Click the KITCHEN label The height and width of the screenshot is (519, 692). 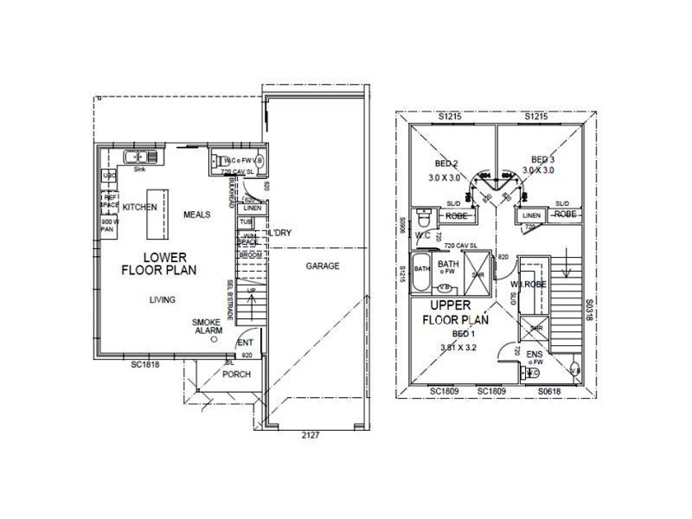[139, 208]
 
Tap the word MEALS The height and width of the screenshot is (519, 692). [197, 214]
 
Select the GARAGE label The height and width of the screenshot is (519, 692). [323, 266]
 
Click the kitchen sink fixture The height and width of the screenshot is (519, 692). [139, 157]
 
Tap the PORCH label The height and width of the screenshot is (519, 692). [236, 375]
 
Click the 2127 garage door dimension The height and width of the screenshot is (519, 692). [311, 435]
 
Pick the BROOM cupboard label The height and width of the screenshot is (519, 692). [249, 256]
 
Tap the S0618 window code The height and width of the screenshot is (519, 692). [550, 392]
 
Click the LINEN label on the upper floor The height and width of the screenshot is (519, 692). [532, 215]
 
